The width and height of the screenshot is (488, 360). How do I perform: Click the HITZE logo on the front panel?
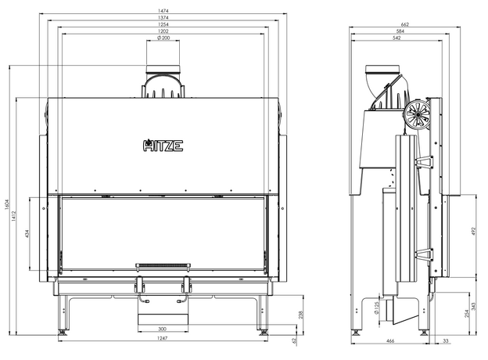click(163, 145)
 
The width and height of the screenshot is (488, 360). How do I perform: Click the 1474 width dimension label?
click(163, 11)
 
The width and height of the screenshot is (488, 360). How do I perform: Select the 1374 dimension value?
click(163, 17)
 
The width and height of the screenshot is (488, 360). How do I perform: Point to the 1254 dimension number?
click(163, 24)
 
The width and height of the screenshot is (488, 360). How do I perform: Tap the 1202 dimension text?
click(163, 31)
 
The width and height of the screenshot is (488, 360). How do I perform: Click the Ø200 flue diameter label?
click(163, 38)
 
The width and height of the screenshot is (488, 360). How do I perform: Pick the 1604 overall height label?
click(7, 204)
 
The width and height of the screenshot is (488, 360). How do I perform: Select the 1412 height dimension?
click(14, 216)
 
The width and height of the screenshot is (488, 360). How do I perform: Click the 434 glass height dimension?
click(27, 233)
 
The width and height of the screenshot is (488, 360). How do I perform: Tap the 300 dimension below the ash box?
click(162, 329)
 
